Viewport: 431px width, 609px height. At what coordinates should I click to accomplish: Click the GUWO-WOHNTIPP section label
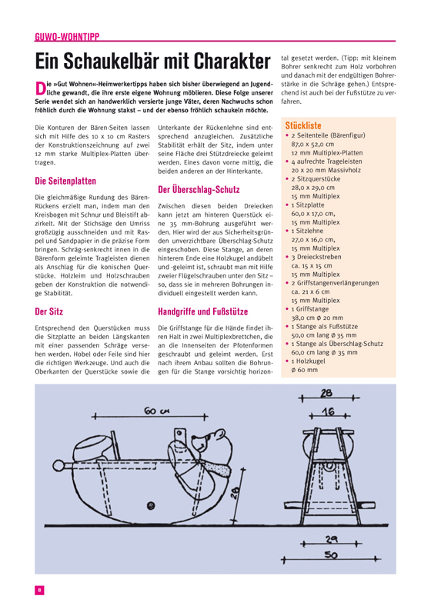click(x=67, y=37)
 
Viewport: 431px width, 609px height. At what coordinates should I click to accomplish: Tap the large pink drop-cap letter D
click(x=41, y=88)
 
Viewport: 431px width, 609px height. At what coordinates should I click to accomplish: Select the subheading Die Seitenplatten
click(x=65, y=181)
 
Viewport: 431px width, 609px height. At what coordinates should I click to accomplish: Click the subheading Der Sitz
click(x=48, y=311)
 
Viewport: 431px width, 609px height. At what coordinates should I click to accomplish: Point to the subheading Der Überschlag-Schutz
click(x=199, y=190)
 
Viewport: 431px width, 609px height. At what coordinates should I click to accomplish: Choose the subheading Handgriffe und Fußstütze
click(x=202, y=311)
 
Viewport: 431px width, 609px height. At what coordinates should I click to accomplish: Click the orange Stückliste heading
click(x=303, y=125)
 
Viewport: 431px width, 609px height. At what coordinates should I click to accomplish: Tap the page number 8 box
click(x=39, y=590)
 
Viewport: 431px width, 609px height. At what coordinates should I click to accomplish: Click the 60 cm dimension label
click(x=155, y=411)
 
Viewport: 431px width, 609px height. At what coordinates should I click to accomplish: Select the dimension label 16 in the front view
click(x=329, y=411)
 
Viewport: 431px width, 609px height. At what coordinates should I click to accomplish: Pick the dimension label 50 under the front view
click(x=330, y=555)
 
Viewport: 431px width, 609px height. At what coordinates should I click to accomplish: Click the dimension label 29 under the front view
click(x=331, y=539)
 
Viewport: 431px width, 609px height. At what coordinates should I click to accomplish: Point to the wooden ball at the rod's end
click(x=58, y=465)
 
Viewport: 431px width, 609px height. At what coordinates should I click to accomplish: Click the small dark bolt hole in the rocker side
click(x=151, y=506)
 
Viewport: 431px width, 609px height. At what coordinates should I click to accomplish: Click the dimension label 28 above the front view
click(x=326, y=393)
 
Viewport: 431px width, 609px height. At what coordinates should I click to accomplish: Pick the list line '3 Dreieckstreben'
click(x=316, y=257)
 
